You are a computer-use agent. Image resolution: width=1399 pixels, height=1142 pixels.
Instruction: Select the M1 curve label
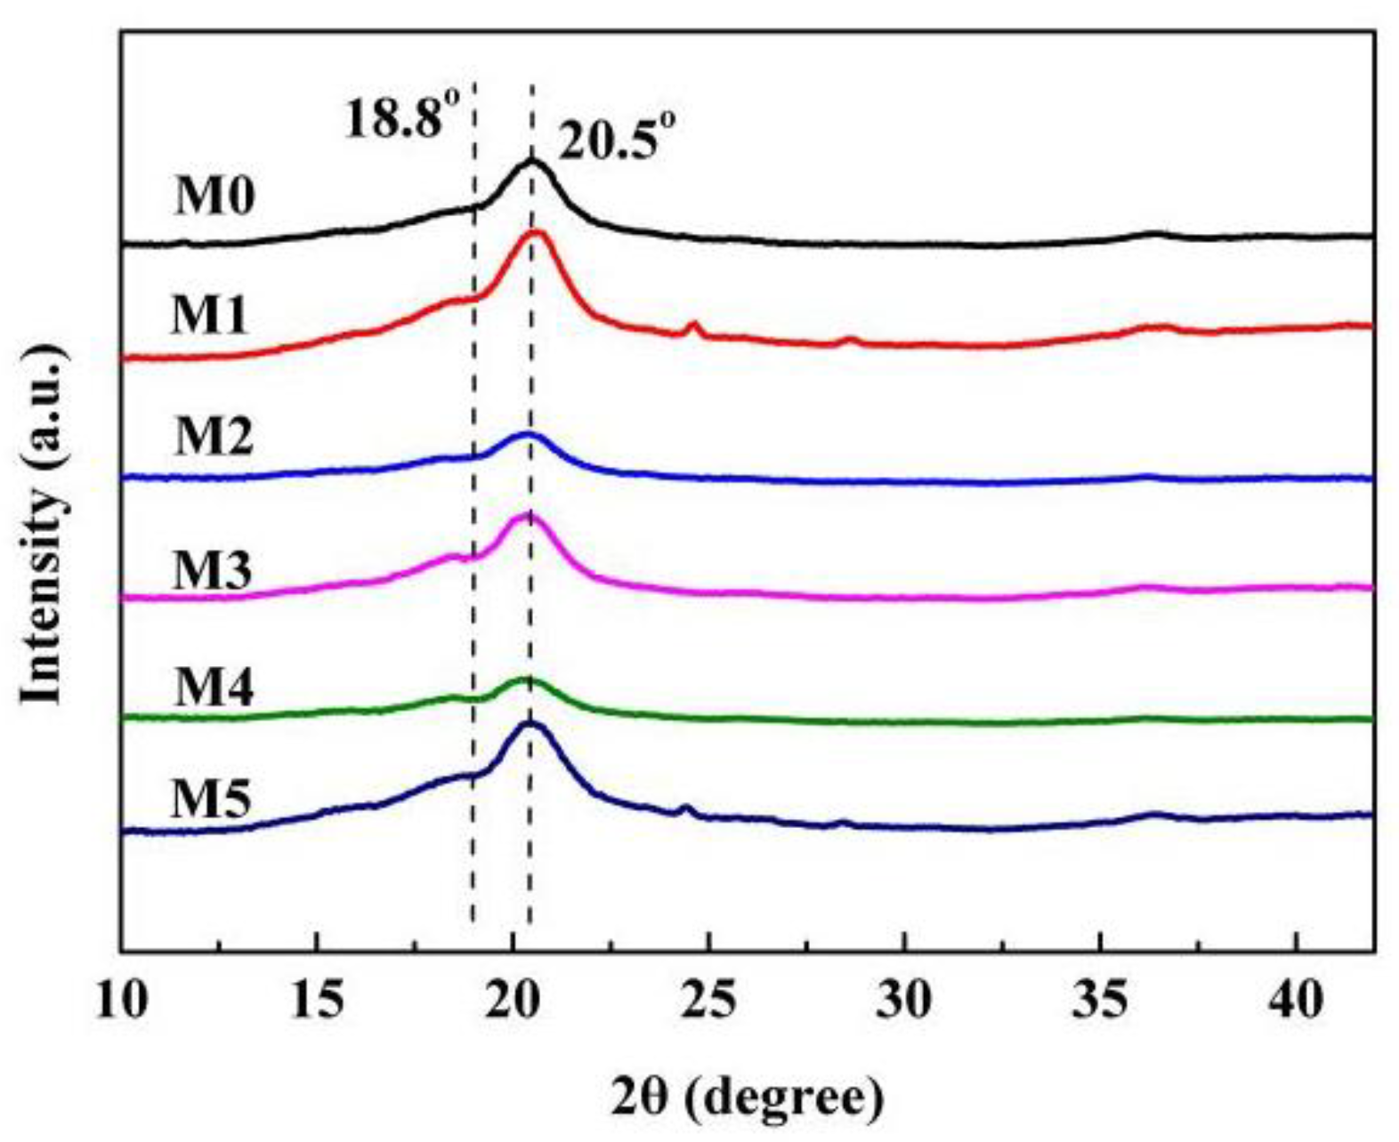pos(210,316)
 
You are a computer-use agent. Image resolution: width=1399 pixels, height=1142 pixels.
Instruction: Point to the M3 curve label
pos(212,570)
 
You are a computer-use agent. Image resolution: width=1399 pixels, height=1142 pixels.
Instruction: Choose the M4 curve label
pos(214,688)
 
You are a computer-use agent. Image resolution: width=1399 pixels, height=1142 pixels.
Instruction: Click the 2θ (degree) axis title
pos(748,1098)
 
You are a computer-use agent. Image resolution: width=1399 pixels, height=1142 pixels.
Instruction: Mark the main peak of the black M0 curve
pos(532,161)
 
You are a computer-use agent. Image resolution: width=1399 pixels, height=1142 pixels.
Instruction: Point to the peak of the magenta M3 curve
pos(529,515)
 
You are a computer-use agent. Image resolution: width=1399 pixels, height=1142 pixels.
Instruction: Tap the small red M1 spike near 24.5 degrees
pos(695,326)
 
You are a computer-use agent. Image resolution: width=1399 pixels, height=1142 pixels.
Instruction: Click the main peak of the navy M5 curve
pos(531,723)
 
